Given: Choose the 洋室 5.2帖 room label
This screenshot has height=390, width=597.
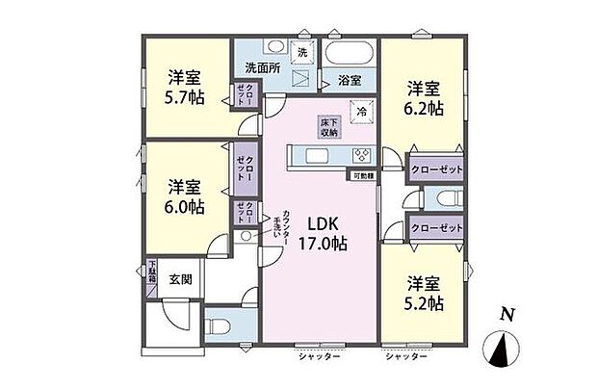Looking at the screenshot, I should click(424, 294).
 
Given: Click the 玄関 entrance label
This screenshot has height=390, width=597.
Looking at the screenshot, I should click(181, 280).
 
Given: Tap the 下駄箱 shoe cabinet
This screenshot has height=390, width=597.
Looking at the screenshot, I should click(151, 278).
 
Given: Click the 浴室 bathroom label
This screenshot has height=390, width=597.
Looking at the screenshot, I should click(349, 81).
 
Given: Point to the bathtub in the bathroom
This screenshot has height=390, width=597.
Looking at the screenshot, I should click(349, 54).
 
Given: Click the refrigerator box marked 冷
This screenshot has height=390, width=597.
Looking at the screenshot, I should click(362, 111).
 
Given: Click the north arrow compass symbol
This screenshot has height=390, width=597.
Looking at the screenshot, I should click(501, 350).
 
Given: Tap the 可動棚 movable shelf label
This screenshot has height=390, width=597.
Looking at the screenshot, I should click(363, 176).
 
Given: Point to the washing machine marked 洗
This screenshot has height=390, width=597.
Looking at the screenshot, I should click(301, 52).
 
